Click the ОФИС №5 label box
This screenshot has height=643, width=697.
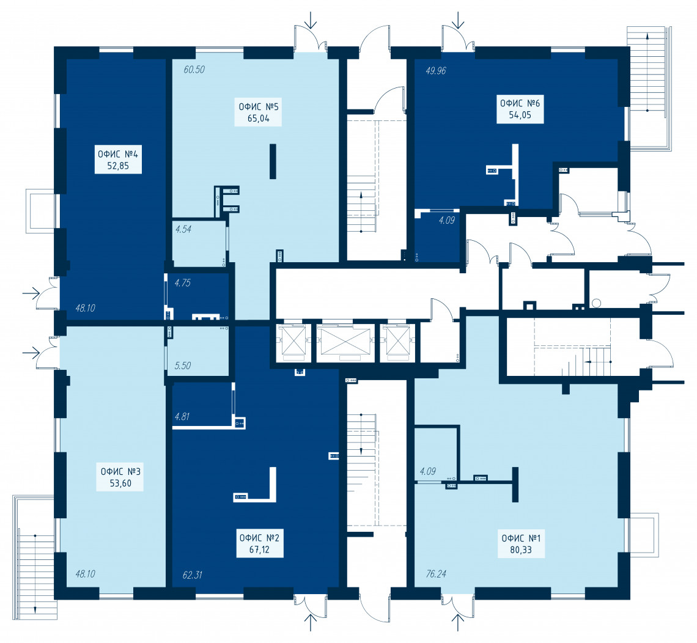[258, 112]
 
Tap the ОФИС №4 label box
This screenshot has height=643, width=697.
[118, 160]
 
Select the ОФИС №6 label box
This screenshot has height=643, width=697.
[520, 109]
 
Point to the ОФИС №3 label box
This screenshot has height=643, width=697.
[120, 477]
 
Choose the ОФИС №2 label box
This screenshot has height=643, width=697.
[260, 543]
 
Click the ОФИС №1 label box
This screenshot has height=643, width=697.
[521, 544]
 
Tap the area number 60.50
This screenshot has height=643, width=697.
[194, 70]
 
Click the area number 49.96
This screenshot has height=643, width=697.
[435, 71]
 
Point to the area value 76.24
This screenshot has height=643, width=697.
[435, 574]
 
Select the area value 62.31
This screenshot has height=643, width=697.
[193, 575]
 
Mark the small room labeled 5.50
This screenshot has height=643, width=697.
[198, 351]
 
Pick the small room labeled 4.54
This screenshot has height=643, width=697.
[199, 243]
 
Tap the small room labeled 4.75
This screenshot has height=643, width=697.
[199, 295]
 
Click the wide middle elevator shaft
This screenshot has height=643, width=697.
[346, 342]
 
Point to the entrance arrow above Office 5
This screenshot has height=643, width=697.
[311, 20]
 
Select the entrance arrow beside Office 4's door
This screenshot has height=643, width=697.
[31, 293]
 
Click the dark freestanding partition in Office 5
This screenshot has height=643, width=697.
[273, 161]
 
